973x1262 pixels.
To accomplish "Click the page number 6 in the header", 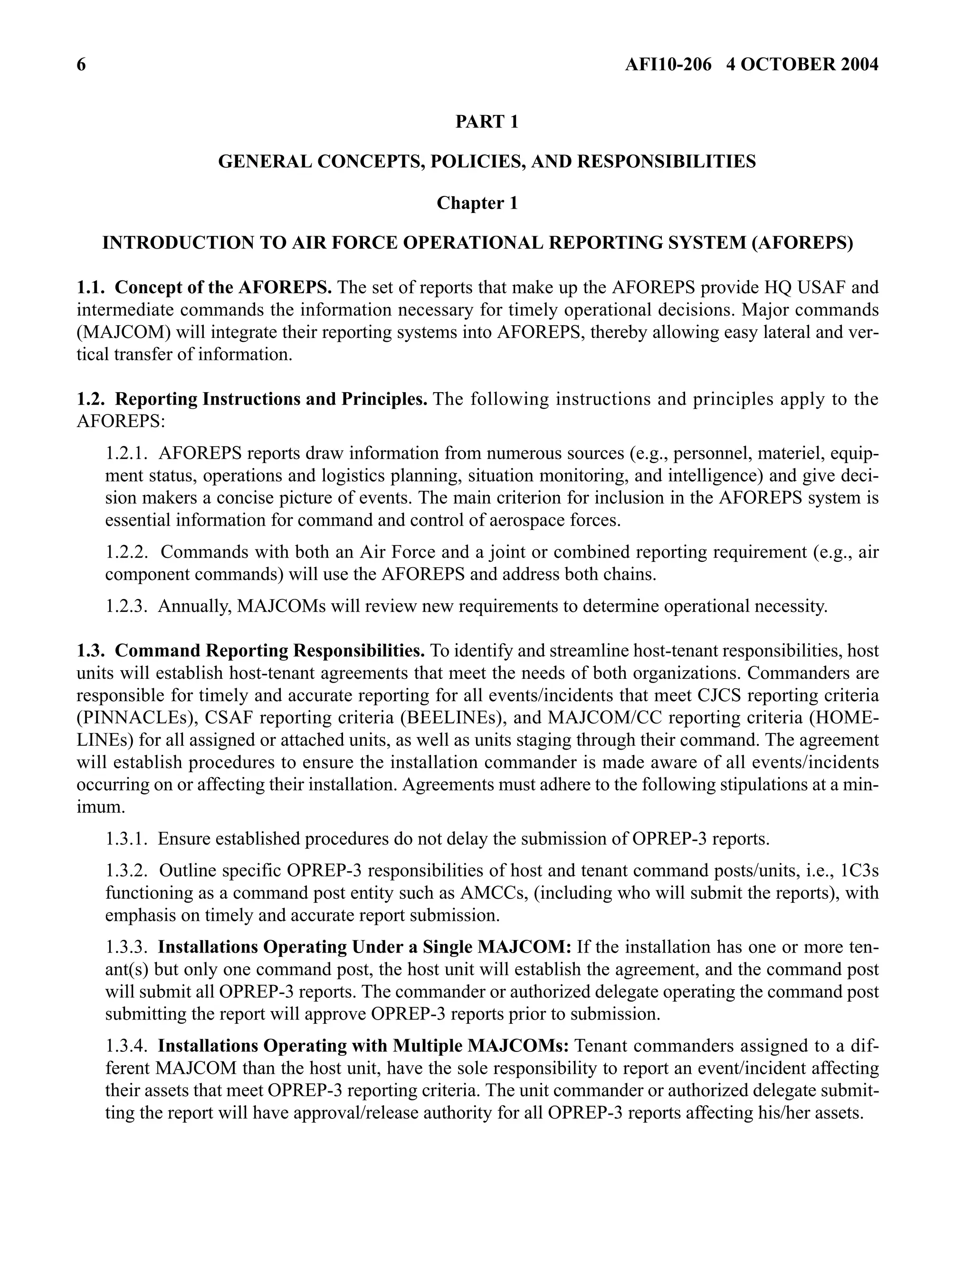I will pyautogui.click(x=81, y=65).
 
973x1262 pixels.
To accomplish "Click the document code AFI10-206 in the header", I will pyautogui.click(x=668, y=65).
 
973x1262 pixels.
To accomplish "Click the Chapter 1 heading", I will pyautogui.click(x=477, y=203).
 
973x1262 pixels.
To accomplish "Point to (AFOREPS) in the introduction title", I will pyautogui.click(x=802, y=243).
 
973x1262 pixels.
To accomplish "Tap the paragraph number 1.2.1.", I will pyautogui.click(x=126, y=453).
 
